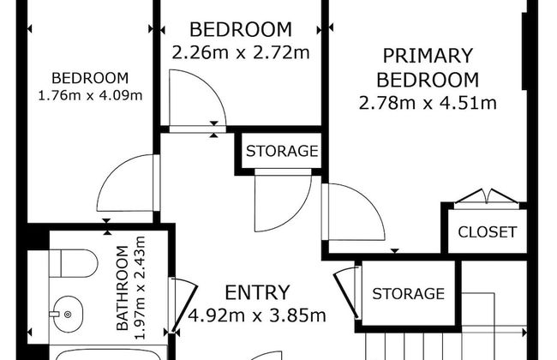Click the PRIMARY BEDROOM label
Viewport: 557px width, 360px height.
428,69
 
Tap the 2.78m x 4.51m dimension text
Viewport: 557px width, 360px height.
428,105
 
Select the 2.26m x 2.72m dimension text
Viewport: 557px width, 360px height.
240,51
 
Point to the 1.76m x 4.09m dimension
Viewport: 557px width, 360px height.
90,95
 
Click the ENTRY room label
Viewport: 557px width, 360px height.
256,293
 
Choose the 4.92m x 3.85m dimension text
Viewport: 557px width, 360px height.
256,315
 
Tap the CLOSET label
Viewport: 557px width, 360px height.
487,231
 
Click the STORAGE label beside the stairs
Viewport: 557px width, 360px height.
408,294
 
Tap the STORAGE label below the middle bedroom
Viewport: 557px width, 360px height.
282,152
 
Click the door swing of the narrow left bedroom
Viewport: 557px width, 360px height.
129,184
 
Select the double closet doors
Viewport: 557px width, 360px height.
486,198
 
